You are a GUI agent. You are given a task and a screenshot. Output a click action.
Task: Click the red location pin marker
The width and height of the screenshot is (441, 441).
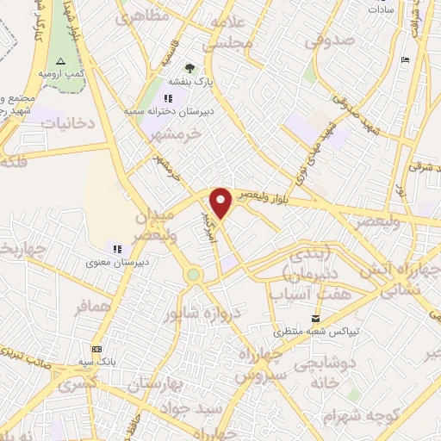tap(221, 203)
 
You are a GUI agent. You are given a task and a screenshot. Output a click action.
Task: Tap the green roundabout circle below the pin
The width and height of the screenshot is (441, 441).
tap(194, 275)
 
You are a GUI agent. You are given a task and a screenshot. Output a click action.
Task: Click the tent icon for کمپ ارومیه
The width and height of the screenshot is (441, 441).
tap(60, 61)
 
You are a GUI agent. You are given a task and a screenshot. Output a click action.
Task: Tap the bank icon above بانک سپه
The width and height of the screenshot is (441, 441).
tap(96, 349)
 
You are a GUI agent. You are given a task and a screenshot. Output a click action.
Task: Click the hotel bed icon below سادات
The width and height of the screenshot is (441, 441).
tap(406, 59)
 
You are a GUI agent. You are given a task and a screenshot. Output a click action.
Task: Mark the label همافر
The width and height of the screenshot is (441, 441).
tap(93, 307)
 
